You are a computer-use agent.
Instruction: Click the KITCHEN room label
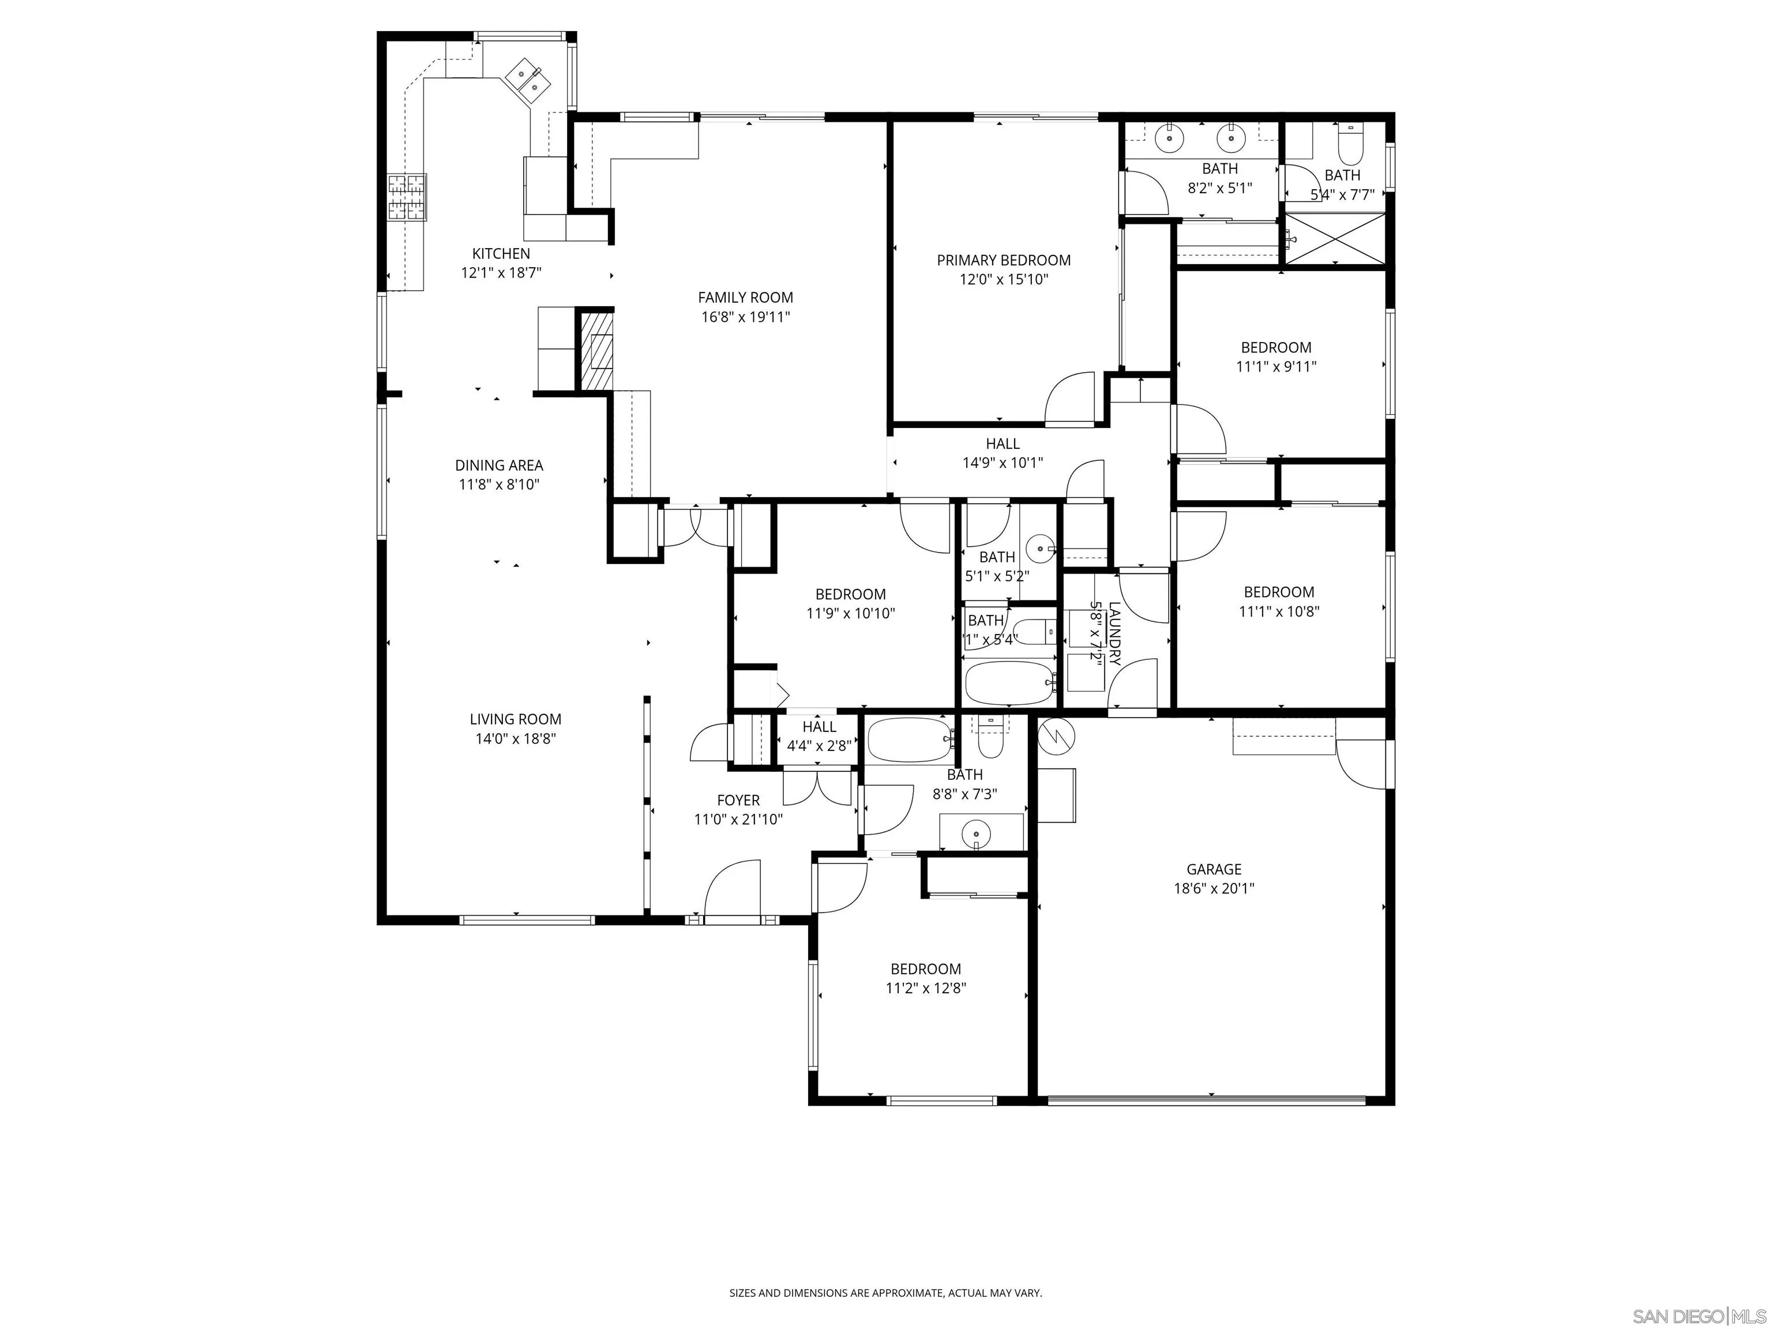coord(501,254)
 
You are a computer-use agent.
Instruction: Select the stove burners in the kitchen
coord(407,197)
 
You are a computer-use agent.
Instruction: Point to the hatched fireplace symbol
coord(597,351)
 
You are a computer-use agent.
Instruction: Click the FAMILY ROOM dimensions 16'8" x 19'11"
coord(745,317)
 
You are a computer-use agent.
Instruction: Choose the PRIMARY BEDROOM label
coord(1003,260)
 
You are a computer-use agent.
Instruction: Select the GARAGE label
coord(1214,869)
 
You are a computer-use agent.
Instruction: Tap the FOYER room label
coord(738,800)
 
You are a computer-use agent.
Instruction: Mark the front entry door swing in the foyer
coord(731,889)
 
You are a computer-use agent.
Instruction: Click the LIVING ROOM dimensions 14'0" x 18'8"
coord(515,738)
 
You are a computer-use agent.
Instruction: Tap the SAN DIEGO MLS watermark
coord(1698,1317)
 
